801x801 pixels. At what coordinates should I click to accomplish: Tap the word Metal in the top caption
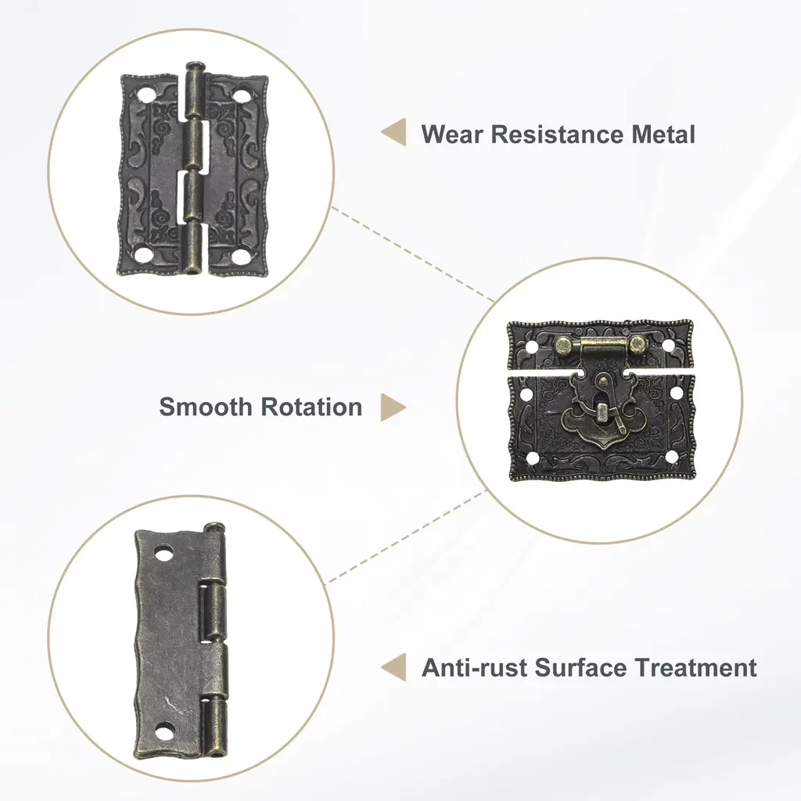click(x=663, y=135)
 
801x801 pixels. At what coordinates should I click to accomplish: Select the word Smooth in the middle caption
click(x=206, y=407)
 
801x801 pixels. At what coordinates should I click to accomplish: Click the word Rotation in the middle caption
click(x=311, y=407)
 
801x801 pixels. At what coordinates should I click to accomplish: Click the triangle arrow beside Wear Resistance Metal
click(x=394, y=132)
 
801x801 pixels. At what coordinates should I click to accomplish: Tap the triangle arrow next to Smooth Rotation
click(x=393, y=408)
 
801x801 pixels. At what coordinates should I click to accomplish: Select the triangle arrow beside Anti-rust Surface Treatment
click(x=394, y=667)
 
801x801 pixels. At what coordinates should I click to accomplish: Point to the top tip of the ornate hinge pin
click(x=195, y=63)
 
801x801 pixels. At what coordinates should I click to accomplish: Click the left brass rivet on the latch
click(x=565, y=345)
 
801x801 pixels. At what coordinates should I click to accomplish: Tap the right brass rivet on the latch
click(x=638, y=344)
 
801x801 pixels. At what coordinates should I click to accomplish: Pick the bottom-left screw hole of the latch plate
click(x=532, y=457)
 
